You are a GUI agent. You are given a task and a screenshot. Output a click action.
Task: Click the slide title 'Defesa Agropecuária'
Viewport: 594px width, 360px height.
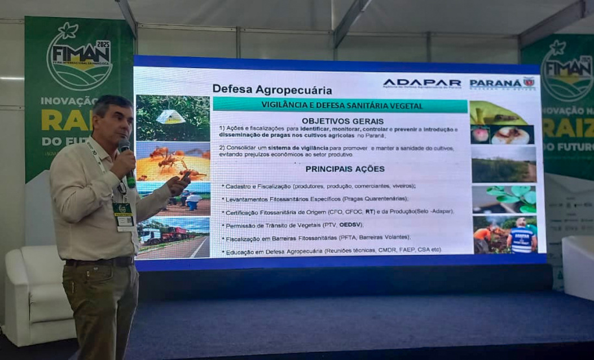pos(272,90)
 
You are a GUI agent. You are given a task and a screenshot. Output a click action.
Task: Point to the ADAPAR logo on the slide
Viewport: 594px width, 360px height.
pos(422,84)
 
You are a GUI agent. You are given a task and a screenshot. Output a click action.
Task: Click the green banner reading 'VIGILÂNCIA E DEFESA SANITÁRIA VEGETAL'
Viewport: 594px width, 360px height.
pos(340,105)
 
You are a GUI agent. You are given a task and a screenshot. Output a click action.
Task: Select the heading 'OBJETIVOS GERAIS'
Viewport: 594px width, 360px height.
pos(342,121)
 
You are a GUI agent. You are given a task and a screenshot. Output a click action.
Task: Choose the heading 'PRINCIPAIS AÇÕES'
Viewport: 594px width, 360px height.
pos(342,169)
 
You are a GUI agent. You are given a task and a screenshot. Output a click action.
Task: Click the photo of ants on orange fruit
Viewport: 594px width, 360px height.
pos(173,162)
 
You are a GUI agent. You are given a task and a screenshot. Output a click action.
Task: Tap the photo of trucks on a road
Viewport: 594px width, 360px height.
pos(173,237)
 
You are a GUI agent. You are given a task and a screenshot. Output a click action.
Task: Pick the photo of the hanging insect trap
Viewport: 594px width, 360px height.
pos(173,117)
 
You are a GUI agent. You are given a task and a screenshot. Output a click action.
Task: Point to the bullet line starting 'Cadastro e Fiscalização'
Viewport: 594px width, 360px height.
pos(318,186)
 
